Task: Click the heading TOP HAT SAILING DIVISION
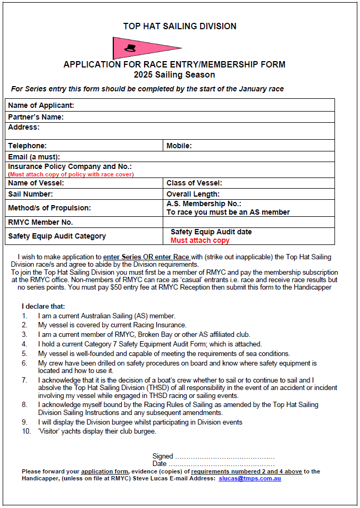180,26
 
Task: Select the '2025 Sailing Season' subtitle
174,75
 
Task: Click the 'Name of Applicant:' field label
41,105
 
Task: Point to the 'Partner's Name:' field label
36,117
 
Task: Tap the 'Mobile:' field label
179,146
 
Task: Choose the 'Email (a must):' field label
34,157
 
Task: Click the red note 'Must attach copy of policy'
71,174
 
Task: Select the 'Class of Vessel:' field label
194,183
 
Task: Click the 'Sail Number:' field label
30,194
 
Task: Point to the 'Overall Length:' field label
193,194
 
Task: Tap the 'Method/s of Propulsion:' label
49,208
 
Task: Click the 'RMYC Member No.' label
40,222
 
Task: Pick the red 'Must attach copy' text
200,240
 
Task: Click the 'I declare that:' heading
43,307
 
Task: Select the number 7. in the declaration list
24,380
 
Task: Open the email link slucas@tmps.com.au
249,479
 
